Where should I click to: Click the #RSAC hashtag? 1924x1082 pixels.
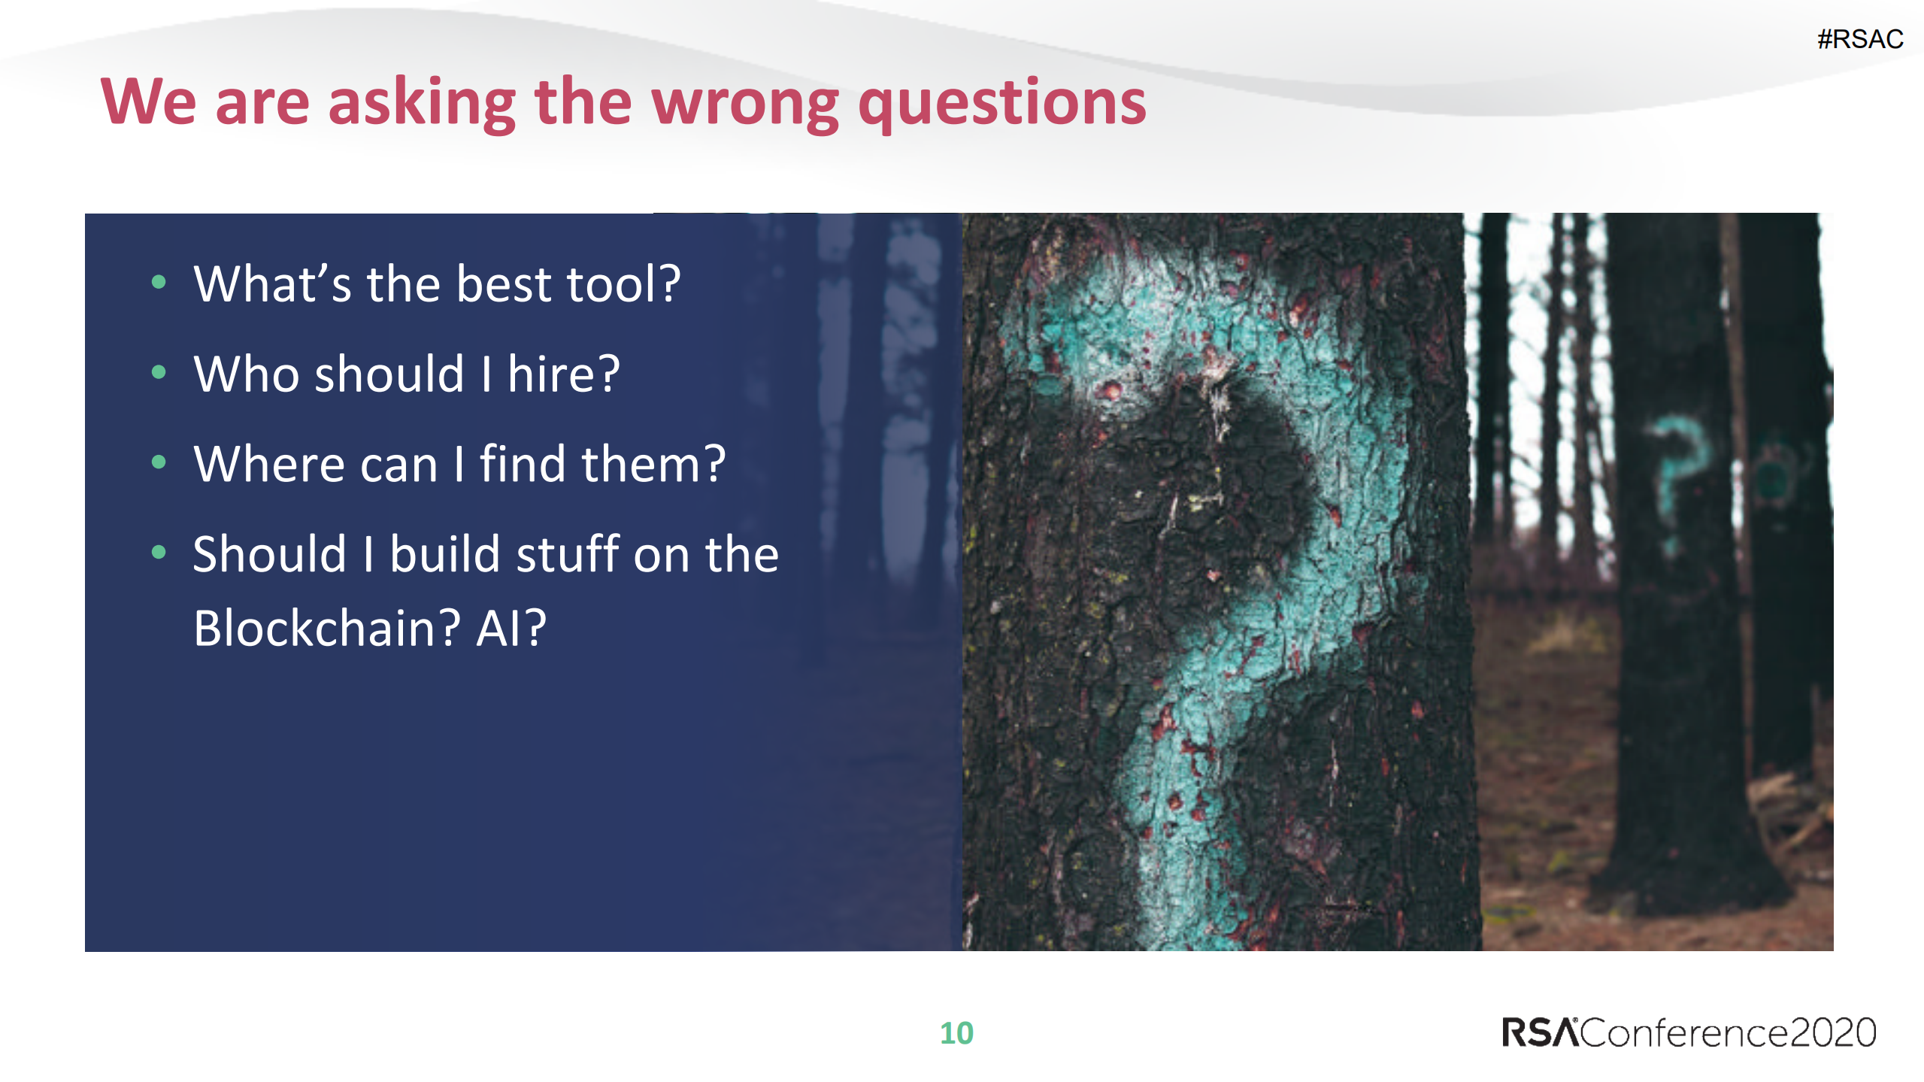coord(1860,39)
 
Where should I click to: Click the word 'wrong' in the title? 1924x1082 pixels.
coord(745,104)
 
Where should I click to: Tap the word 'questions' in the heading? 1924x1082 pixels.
coord(1002,104)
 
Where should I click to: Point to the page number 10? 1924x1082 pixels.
coord(956,1033)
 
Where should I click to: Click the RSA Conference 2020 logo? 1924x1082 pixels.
coord(1689,1032)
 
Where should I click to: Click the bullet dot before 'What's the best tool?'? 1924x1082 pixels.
coord(159,283)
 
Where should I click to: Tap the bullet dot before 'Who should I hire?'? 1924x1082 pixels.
coord(159,372)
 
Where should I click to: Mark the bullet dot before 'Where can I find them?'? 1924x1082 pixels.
coord(159,462)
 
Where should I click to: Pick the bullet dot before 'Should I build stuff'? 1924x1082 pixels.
coord(159,553)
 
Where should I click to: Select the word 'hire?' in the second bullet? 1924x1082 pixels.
coord(564,373)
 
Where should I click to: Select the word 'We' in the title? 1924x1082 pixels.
coord(148,102)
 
